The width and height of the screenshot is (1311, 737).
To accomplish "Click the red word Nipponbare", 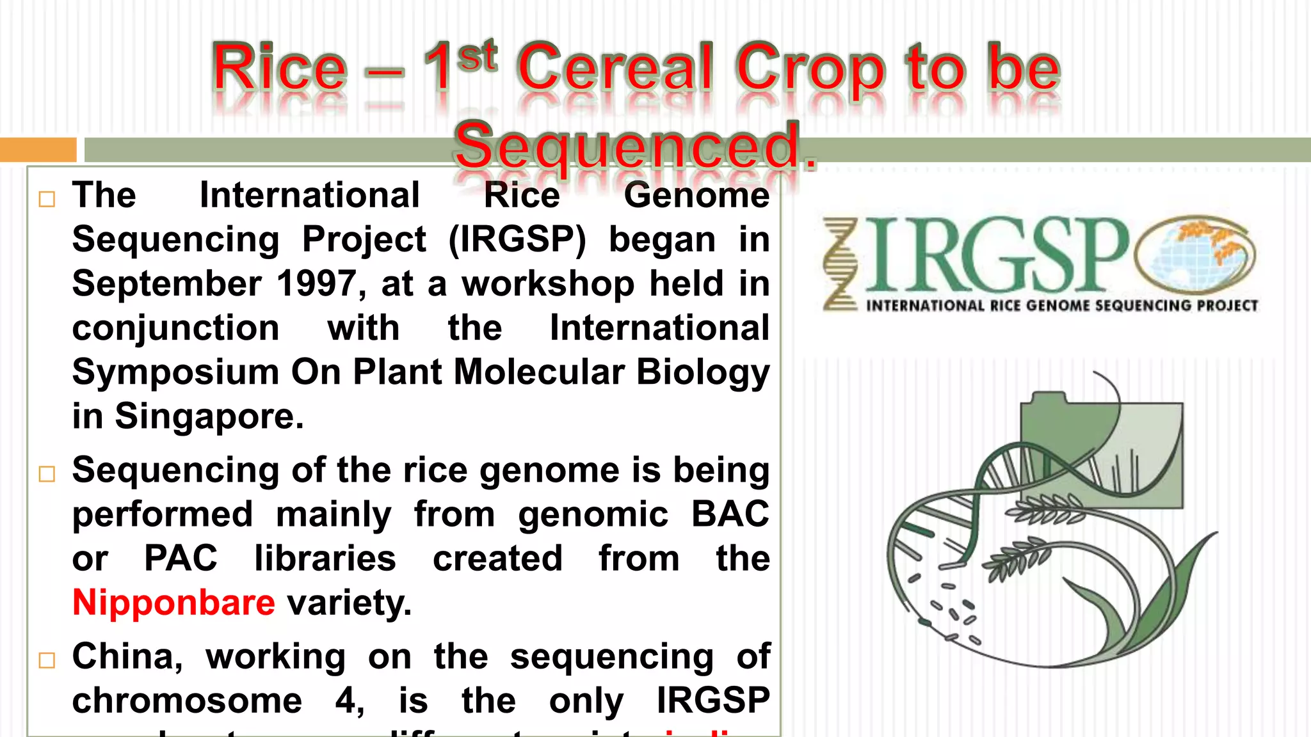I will pyautogui.click(x=173, y=603).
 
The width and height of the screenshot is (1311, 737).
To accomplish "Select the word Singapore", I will pyautogui.click(x=209, y=416).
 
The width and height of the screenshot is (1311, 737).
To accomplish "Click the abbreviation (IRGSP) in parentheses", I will pyautogui.click(x=517, y=240).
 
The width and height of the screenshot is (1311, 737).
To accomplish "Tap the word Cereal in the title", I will pyautogui.click(x=615, y=68).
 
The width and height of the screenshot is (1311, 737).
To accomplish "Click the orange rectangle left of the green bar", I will pyautogui.click(x=38, y=149).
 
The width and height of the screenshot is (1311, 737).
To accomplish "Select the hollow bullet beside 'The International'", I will pyautogui.click(x=47, y=199).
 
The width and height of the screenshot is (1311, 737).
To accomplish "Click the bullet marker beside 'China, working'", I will pyautogui.click(x=47, y=660).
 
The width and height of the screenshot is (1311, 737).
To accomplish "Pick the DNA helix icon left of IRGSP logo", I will pyautogui.click(x=840, y=264).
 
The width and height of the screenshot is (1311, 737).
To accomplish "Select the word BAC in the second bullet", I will pyautogui.click(x=730, y=514).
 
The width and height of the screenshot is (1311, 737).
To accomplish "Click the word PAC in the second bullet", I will pyautogui.click(x=181, y=559).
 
